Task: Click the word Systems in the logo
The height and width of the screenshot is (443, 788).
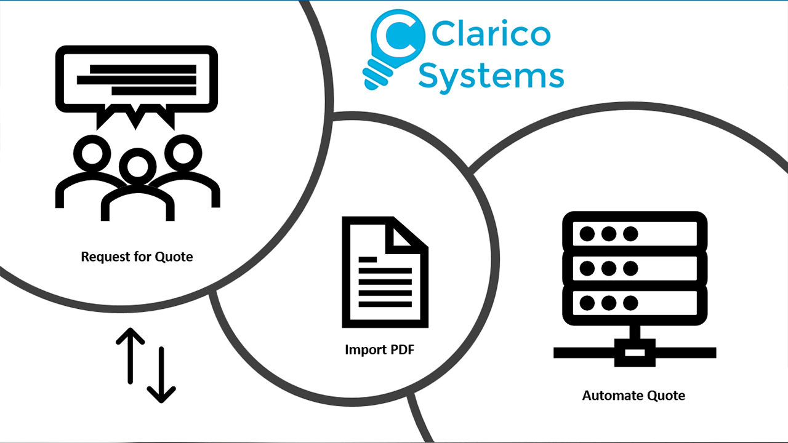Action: pos(491,77)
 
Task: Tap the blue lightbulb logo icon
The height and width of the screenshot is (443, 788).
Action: pos(393,49)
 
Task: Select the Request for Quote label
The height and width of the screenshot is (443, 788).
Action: pos(137,257)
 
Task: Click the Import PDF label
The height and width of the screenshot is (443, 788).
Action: pos(380,350)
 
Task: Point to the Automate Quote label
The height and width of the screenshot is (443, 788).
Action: pos(633,396)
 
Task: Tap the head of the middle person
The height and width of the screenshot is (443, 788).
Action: pos(137,166)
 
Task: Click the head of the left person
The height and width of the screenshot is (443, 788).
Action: pos(92,154)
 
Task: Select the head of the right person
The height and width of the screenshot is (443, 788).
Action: pos(183,154)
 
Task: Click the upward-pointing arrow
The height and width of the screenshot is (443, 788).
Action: pos(130,356)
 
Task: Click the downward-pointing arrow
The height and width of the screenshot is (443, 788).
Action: pos(161,375)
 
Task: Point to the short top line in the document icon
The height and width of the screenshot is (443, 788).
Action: pos(368,260)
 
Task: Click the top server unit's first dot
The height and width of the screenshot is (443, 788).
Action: pos(587,234)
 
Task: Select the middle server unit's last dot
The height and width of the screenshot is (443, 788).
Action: pos(630,269)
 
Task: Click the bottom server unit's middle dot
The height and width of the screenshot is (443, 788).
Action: pos(609,303)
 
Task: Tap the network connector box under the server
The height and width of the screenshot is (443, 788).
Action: pos(635,353)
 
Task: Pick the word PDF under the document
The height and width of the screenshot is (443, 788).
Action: pos(403,350)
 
